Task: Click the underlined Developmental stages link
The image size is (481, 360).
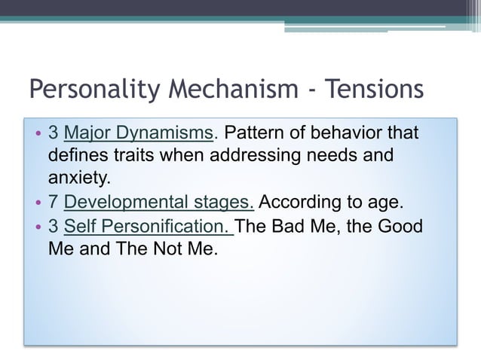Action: point(159,203)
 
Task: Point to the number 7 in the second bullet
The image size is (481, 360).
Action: point(54,203)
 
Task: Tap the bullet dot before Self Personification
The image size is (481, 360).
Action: point(38,226)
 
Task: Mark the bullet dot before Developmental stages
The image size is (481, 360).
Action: point(38,203)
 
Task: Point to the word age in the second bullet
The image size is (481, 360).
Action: point(387,204)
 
